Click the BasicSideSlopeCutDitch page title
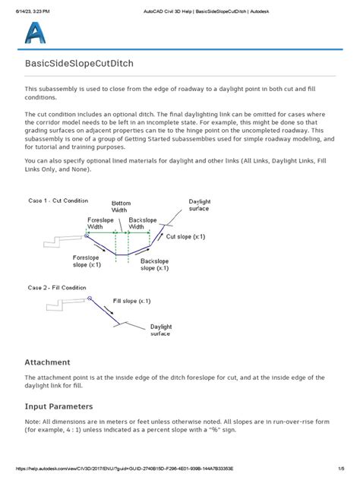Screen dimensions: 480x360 click(x=80, y=65)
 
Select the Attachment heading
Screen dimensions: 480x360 click(x=48, y=362)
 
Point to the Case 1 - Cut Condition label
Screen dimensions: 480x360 click(x=58, y=201)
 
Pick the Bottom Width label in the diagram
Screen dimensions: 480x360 click(x=121, y=207)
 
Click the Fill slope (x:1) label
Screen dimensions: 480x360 click(x=132, y=302)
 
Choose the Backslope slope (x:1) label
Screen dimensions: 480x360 click(x=158, y=264)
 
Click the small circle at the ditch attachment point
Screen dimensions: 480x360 click(x=87, y=236)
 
